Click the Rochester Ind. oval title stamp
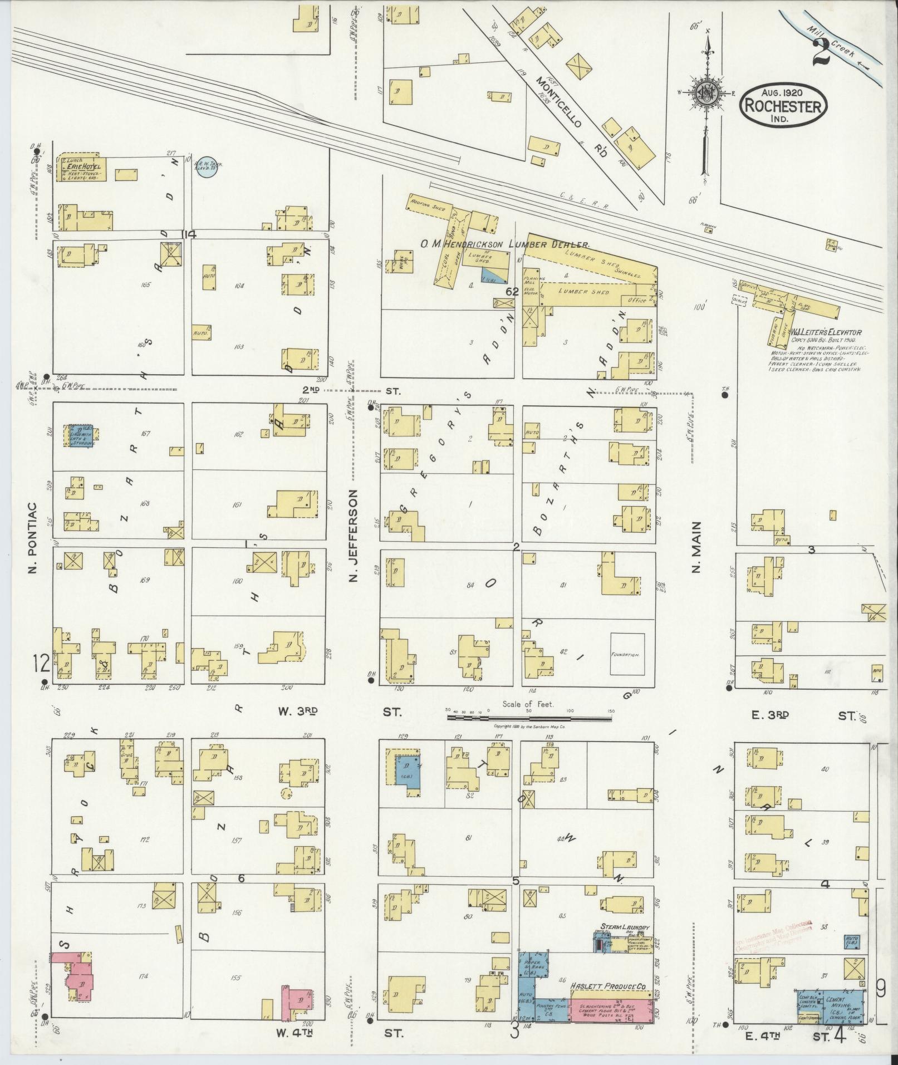point(783,101)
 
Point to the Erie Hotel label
point(82,166)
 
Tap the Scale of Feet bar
point(528,718)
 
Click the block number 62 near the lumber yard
point(513,291)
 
